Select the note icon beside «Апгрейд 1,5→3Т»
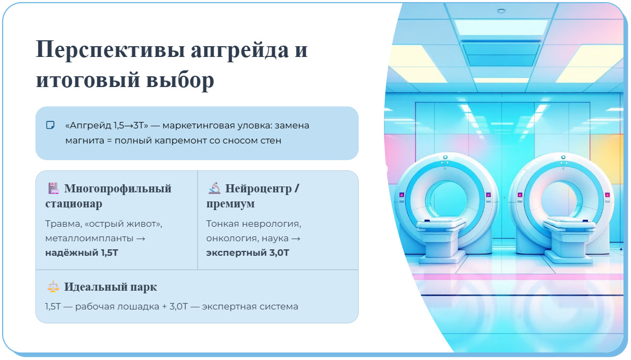[x=50, y=125]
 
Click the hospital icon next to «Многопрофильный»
[x=53, y=189]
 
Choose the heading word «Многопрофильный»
[x=118, y=189]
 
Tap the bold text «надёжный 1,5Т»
[x=81, y=253]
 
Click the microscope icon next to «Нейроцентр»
[x=214, y=189]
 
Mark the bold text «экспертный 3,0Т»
[x=248, y=253]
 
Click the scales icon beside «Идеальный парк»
[x=53, y=287]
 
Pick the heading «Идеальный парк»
[x=110, y=287]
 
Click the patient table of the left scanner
[x=441, y=226]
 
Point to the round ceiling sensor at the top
[x=502, y=11]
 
